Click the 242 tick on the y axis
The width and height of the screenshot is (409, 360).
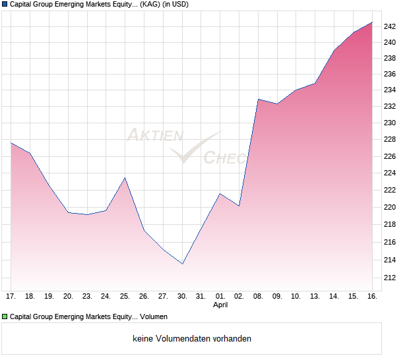click(390, 26)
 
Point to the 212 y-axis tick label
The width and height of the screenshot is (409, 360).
click(390, 278)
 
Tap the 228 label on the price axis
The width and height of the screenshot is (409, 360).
click(390, 140)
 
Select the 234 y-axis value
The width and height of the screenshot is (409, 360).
click(390, 90)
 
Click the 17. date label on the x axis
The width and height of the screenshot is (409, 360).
click(11, 297)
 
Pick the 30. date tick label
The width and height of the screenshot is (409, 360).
click(182, 297)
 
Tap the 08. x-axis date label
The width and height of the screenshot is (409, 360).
click(258, 297)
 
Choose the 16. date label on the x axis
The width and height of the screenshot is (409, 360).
click(372, 297)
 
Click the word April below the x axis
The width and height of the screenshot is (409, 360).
click(221, 306)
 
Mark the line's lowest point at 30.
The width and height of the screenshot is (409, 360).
click(182, 264)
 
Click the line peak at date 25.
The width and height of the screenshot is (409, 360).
click(125, 178)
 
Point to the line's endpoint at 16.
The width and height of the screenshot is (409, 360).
click(372, 22)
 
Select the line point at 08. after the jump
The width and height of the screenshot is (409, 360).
click(258, 100)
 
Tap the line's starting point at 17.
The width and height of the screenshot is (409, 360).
click(11, 143)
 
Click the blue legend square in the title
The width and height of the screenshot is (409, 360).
click(5, 5)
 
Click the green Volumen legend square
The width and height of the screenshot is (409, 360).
click(5, 316)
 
